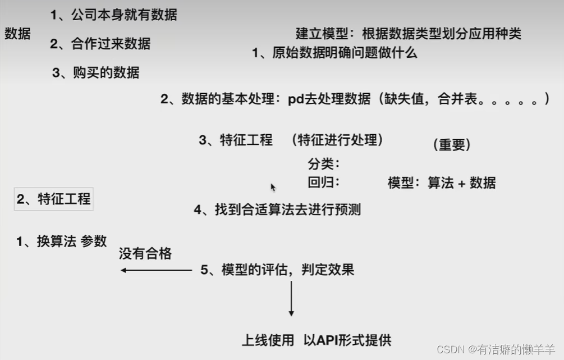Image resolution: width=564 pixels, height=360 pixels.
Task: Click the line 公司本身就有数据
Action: click(x=114, y=15)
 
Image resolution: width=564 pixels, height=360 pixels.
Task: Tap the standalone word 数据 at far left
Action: click(x=17, y=34)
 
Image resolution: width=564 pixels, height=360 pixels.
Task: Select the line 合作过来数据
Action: click(x=101, y=44)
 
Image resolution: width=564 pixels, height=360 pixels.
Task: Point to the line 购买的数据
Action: click(x=97, y=72)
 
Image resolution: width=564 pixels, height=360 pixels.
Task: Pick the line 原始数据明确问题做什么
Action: click(x=334, y=53)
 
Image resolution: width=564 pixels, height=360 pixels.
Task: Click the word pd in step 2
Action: click(x=295, y=99)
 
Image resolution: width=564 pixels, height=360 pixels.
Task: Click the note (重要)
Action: click(x=452, y=144)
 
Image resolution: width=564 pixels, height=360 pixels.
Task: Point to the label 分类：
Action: click(x=324, y=164)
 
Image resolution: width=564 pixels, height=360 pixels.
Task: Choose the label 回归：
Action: click(x=324, y=183)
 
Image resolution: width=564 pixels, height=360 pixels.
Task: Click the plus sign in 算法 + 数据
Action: click(x=461, y=183)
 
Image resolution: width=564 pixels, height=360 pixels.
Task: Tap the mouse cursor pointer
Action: click(x=273, y=187)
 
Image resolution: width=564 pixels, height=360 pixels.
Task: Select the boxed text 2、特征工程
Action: click(x=54, y=199)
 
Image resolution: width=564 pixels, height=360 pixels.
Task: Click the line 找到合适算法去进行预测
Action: click(x=277, y=210)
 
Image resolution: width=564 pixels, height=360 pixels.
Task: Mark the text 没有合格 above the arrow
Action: click(x=145, y=253)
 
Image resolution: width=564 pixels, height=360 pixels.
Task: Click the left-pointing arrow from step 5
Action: click(x=156, y=270)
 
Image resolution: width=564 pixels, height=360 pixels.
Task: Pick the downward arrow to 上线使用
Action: click(x=291, y=298)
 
